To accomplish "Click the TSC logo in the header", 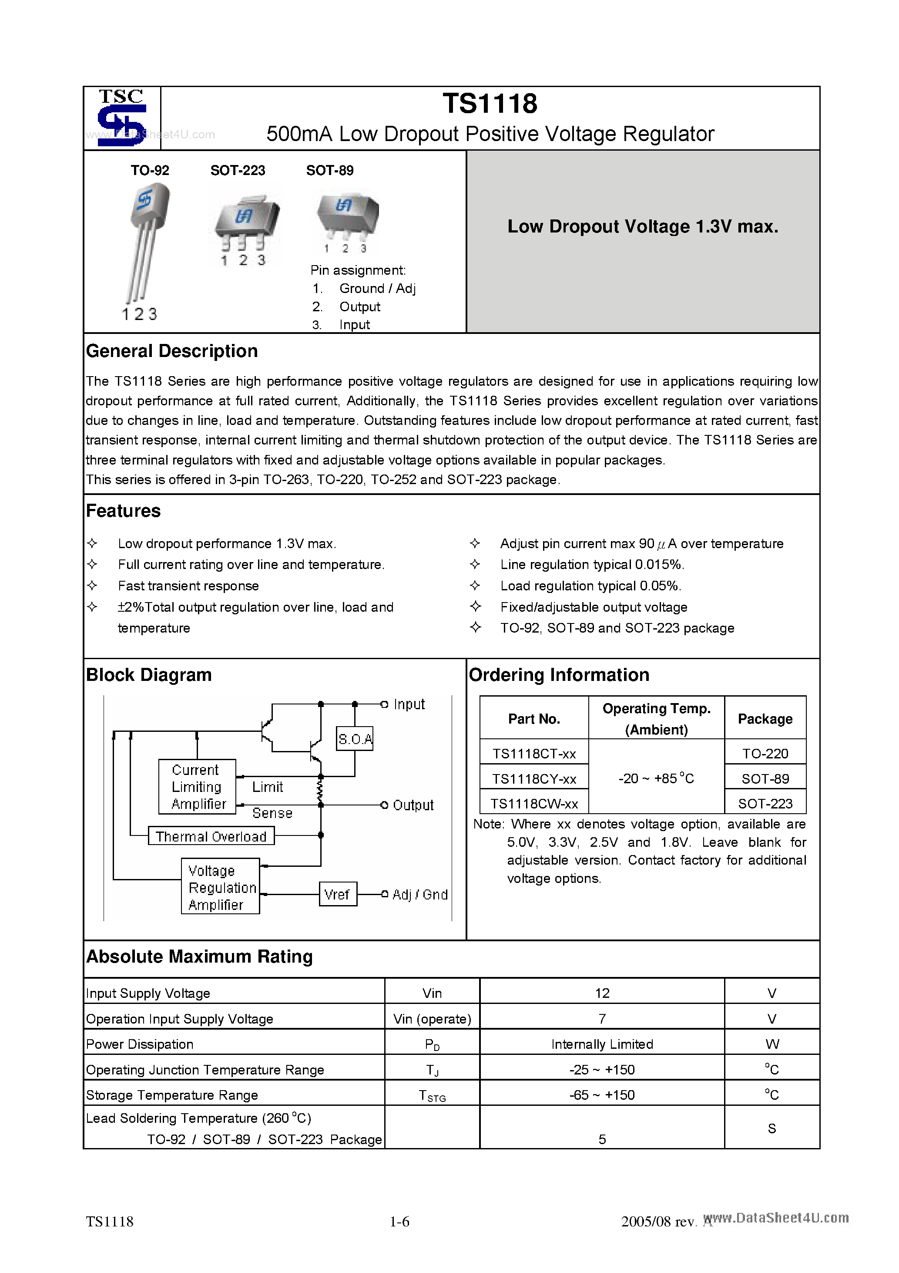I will (121, 118).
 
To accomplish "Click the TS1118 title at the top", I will (490, 104).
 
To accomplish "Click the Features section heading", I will (123, 511).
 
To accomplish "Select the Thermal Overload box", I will (211, 836).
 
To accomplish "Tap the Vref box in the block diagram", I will (338, 894).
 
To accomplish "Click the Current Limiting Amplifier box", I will (197, 787).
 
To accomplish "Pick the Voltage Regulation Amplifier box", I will (220, 887).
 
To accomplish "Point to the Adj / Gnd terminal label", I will (419, 894).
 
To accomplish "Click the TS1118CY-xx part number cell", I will (534, 779).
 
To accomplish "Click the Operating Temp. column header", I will (656, 718).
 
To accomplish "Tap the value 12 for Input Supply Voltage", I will (602, 993).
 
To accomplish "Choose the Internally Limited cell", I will (602, 1044).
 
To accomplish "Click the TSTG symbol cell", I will (432, 1095).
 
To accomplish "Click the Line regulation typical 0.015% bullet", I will (592, 564).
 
